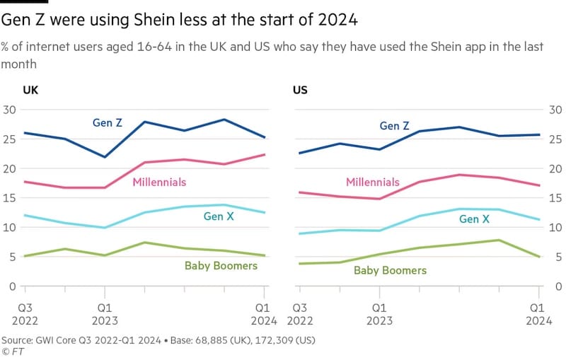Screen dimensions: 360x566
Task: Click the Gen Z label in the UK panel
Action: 108,122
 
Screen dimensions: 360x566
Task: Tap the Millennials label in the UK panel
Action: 159,182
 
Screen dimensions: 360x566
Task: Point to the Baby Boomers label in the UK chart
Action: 221,266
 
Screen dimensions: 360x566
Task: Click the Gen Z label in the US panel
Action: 395,126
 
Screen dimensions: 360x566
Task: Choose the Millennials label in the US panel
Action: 373,182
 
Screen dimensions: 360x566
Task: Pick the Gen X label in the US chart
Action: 474,219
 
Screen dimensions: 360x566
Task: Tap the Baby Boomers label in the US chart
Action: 390,270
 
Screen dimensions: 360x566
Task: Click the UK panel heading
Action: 30,91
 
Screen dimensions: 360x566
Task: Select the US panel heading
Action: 300,91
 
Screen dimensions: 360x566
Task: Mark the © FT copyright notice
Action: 11,351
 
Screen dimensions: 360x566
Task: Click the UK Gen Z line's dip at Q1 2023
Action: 105,157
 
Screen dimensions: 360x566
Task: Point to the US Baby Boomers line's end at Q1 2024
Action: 539,257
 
